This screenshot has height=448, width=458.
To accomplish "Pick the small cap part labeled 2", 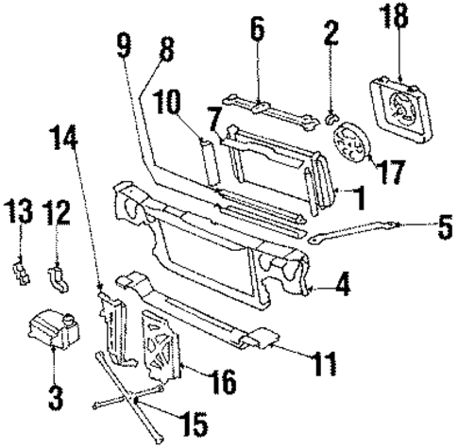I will pos(331,118).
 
